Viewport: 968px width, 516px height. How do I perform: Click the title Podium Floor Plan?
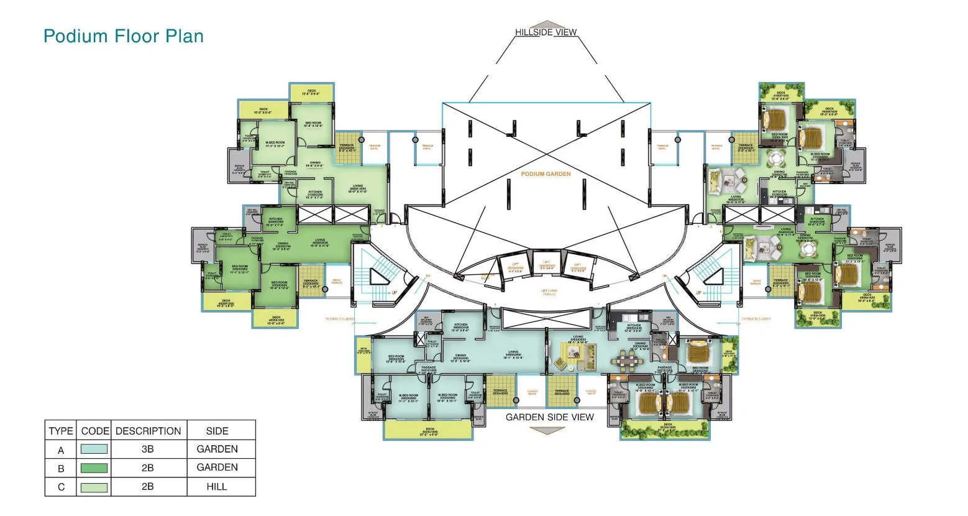click(124, 36)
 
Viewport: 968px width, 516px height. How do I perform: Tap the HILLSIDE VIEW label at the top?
click(546, 32)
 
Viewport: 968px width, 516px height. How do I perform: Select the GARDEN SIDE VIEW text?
click(549, 417)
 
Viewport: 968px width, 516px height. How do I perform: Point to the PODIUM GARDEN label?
click(546, 174)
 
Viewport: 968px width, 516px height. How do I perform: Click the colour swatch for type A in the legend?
click(93, 449)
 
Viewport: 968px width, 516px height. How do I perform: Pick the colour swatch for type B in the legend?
click(93, 468)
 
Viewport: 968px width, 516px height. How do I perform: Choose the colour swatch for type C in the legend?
click(93, 487)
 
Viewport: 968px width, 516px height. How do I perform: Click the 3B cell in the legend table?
click(148, 449)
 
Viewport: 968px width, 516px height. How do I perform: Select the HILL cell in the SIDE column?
click(217, 487)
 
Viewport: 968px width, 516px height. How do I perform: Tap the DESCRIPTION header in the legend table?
click(148, 431)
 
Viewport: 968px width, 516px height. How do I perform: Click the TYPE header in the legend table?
click(61, 431)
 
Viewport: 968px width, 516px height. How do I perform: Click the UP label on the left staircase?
click(394, 292)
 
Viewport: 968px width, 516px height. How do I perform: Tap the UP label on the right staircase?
click(698, 292)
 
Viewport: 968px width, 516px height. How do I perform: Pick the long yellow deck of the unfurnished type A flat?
click(428, 430)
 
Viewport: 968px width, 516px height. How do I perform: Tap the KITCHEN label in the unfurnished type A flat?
click(460, 326)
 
